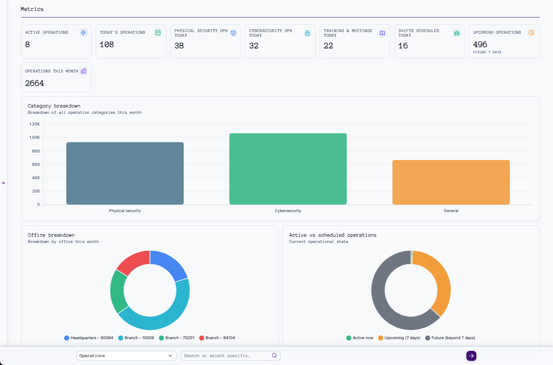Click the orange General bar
451,182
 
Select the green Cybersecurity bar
288,169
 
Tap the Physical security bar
125,173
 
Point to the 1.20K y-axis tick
35,124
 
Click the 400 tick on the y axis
36,178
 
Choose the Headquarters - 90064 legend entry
88,338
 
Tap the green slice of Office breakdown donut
118,291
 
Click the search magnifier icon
274,356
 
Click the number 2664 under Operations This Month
35,83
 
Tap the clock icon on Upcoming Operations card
531,32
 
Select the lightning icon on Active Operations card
83,32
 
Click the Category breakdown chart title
54,106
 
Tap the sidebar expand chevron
3,183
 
